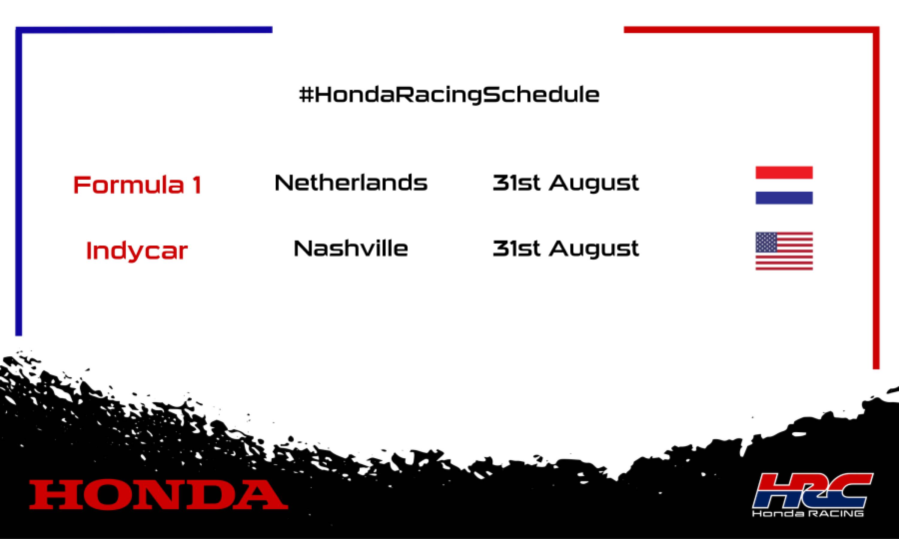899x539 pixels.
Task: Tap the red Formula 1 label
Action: coord(137,185)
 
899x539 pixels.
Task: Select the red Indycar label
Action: coord(137,251)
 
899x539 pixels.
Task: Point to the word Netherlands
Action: coord(351,183)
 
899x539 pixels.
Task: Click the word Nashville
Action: coord(351,249)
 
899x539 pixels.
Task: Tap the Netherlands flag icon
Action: coord(784,185)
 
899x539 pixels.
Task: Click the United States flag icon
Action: coord(784,251)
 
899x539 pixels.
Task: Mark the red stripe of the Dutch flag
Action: coord(784,172)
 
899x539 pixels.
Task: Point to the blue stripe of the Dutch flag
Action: coord(784,198)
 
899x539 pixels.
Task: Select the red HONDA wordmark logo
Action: coord(159,494)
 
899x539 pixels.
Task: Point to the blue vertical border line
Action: coord(19,181)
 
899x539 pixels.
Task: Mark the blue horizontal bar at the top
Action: coord(145,29)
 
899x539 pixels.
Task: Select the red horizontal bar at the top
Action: coord(749,29)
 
